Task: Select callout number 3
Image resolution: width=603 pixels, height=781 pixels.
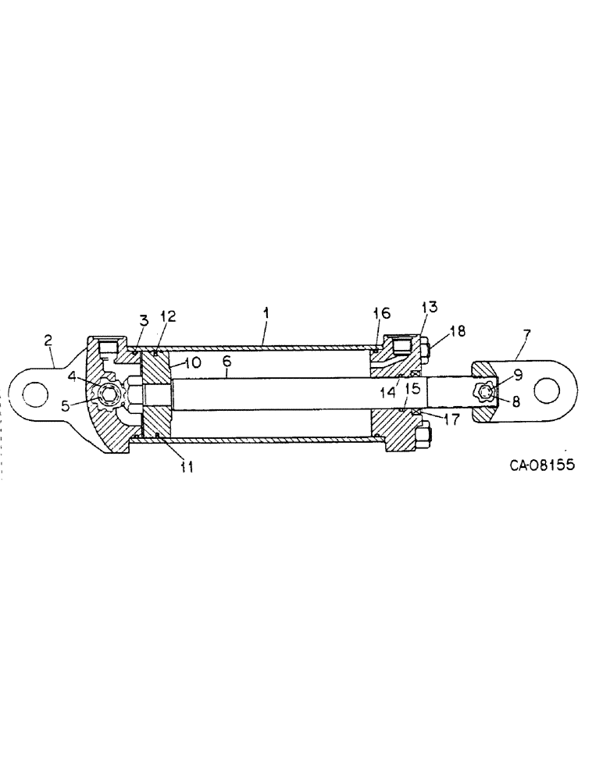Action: (144, 319)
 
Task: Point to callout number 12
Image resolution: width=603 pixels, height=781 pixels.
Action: (168, 317)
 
